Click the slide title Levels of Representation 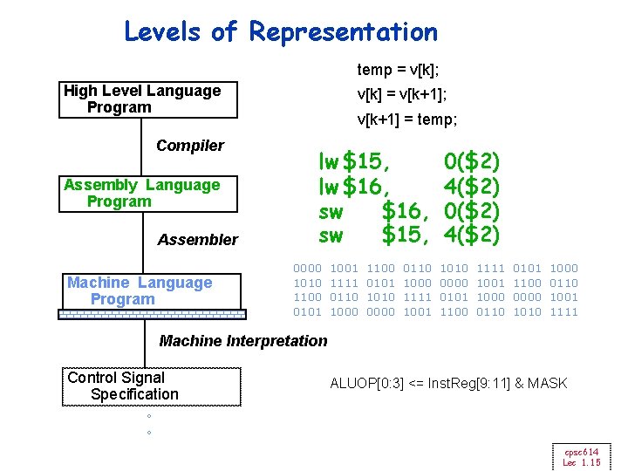[281, 32]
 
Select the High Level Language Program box [148, 99]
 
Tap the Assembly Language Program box [148, 194]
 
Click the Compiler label [190, 146]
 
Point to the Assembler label [198, 240]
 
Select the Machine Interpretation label [243, 341]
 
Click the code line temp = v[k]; [398, 69]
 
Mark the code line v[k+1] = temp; [407, 119]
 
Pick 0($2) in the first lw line [471, 161]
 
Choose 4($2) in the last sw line [471, 235]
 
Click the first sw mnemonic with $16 [331, 210]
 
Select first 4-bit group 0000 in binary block [308, 269]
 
